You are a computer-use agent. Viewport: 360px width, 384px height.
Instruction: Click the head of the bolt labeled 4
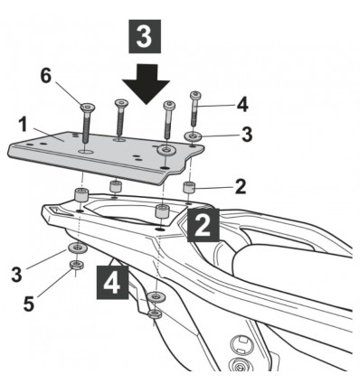[x=194, y=95]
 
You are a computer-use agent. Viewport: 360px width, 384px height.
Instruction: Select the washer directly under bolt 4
[x=194, y=136]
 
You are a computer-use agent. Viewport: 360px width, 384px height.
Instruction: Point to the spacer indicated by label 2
[x=190, y=188]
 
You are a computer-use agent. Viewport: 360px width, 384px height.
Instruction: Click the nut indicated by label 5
[x=78, y=267]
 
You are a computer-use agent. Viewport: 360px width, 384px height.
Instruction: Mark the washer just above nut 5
[x=77, y=247]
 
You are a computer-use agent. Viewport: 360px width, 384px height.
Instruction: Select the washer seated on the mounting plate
[x=165, y=148]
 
